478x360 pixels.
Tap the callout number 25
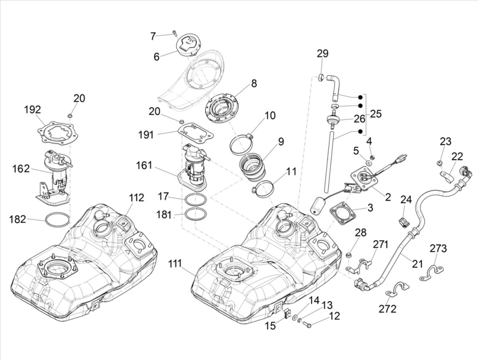(375, 114)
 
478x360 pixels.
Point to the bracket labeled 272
(395, 290)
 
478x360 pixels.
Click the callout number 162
(20, 169)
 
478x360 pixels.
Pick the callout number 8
(254, 83)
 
